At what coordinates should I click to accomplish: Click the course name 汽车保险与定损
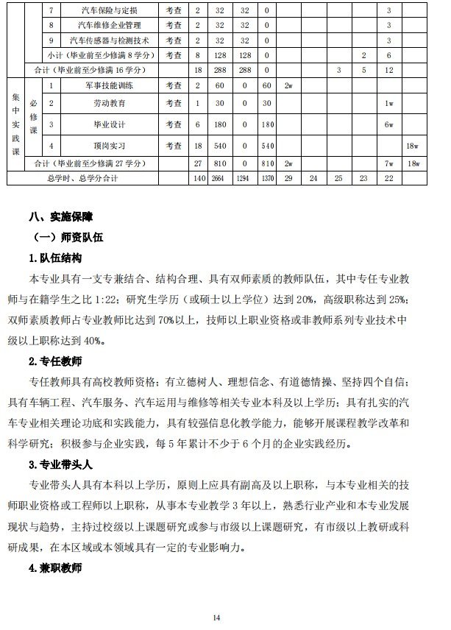pyautogui.click(x=108, y=11)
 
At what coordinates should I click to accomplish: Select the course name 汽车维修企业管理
pyautogui.click(x=108, y=25)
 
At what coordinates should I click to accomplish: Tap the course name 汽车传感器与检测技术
pyautogui.click(x=108, y=40)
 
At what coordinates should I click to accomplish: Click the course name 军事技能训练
pyautogui.click(x=108, y=85)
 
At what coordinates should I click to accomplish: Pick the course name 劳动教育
pyautogui.click(x=108, y=103)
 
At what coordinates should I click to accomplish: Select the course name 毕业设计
pyautogui.click(x=108, y=124)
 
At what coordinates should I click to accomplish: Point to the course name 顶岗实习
pyautogui.click(x=108, y=146)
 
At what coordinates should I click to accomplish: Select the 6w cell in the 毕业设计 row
pyautogui.click(x=389, y=124)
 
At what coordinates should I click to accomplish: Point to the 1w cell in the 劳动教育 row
pyautogui.click(x=389, y=103)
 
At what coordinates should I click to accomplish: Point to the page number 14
pyautogui.click(x=216, y=617)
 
